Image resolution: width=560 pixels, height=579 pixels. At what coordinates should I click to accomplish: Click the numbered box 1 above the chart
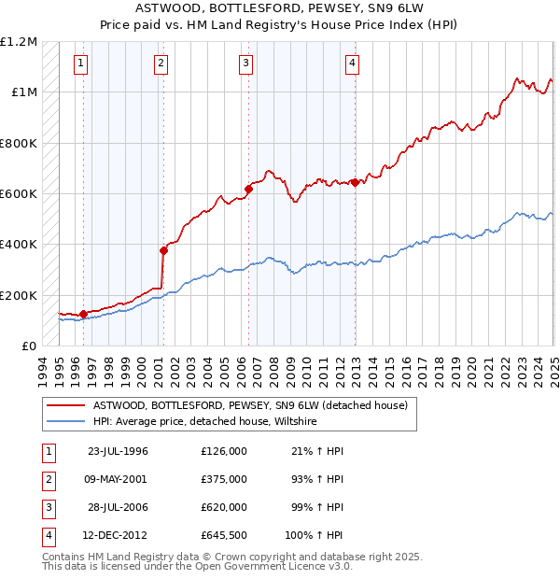[x=81, y=64]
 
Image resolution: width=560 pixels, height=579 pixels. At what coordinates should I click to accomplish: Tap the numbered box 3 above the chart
[x=245, y=64]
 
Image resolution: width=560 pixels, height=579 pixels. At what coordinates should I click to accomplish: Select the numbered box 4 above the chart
[x=353, y=64]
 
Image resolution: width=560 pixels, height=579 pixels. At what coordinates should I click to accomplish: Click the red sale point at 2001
[x=163, y=250]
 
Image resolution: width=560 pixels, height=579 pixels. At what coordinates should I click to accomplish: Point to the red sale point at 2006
[x=248, y=189]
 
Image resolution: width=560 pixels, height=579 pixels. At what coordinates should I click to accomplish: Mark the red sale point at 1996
[x=83, y=314]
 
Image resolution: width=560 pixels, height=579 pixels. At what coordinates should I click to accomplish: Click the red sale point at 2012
[x=356, y=182]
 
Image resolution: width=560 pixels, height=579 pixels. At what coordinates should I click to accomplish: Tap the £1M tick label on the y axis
[x=21, y=92]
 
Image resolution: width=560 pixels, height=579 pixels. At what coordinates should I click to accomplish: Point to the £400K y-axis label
[x=19, y=245]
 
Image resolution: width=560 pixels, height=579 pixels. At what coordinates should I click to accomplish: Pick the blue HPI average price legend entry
[x=204, y=422]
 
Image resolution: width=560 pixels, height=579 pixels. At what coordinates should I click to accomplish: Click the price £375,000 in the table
[x=224, y=479]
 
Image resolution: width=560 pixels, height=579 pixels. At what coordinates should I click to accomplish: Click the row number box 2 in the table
[x=47, y=479]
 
